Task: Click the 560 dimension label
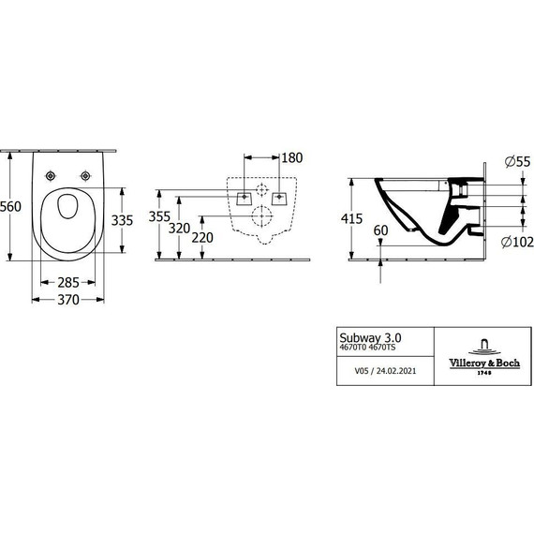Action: click(x=11, y=208)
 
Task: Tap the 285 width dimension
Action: click(x=67, y=282)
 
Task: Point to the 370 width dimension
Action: click(x=66, y=300)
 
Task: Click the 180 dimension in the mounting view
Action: click(x=292, y=157)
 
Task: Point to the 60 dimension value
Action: click(x=380, y=230)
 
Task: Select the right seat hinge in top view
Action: click(x=86, y=175)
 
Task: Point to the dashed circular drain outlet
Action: click(x=261, y=218)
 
